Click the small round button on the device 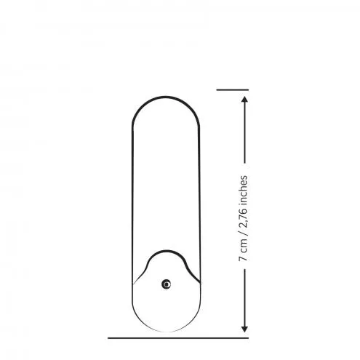166,284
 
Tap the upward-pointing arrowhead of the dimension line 244,100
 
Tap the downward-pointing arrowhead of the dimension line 244,329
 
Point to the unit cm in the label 244,245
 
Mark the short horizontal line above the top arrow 233,89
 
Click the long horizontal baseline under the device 178,337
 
